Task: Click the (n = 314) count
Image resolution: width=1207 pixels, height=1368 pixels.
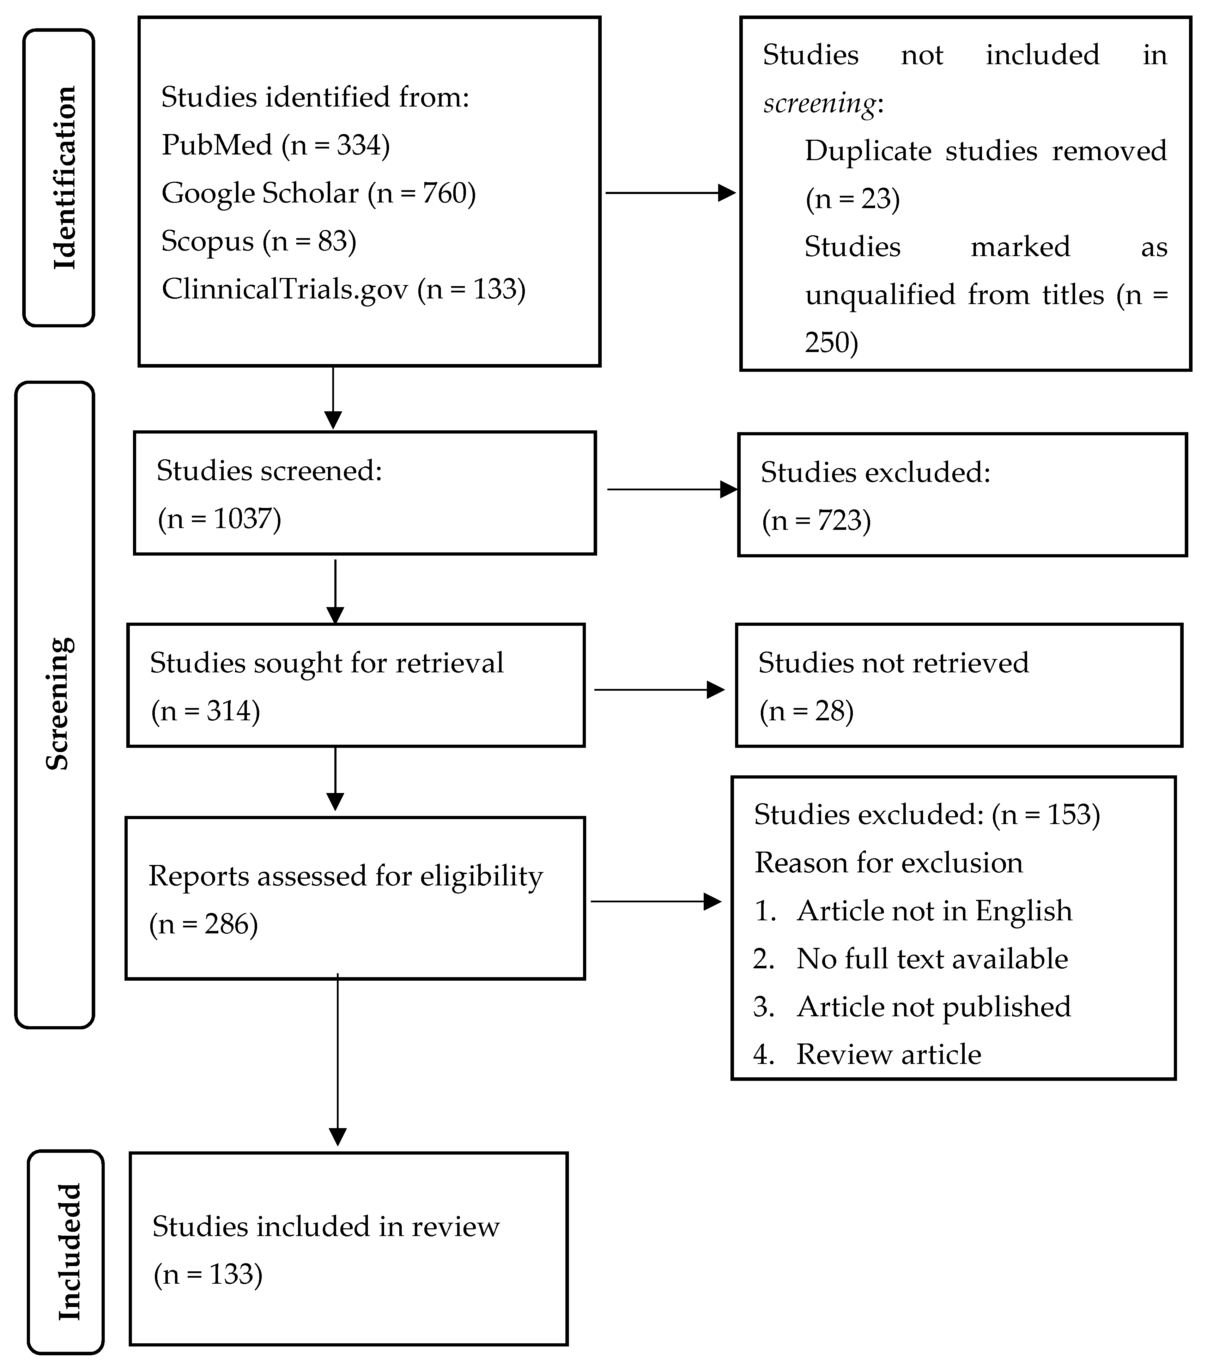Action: pos(205,711)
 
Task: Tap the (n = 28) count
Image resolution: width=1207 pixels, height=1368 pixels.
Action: pos(806,711)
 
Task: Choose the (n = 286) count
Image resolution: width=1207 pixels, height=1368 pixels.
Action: pos(204,924)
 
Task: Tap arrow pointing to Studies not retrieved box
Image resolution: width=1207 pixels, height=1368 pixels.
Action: pos(659,689)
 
